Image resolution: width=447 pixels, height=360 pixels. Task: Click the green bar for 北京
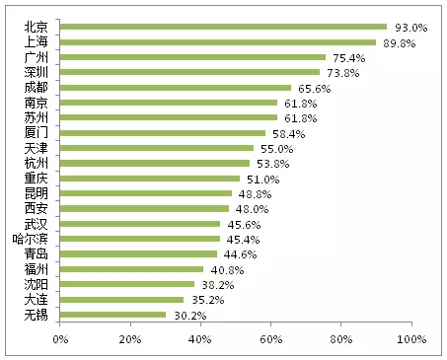223,27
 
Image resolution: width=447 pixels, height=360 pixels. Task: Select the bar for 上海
218,42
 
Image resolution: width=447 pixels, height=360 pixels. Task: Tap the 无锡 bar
112,315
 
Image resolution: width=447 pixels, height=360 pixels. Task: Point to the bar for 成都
176,88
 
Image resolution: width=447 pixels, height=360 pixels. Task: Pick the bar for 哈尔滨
140,239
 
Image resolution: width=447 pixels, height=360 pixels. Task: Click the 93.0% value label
411,28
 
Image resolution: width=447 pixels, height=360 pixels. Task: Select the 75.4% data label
349,58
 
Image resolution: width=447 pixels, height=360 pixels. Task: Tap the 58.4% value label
288,134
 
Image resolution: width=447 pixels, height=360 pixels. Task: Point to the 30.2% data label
190,316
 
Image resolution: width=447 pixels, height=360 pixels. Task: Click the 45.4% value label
243,240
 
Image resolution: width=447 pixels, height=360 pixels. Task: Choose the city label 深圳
37,72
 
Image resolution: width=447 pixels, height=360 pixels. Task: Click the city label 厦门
37,132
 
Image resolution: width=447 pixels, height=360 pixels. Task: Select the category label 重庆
37,178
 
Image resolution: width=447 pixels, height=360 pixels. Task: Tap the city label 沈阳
37,284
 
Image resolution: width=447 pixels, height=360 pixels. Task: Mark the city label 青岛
37,253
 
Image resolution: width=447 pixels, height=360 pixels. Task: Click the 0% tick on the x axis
60,339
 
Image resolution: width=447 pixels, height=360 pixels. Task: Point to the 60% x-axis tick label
271,339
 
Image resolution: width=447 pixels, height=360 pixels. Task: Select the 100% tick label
411,339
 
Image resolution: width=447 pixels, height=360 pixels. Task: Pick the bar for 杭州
155,163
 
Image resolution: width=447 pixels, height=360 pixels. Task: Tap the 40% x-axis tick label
200,339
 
